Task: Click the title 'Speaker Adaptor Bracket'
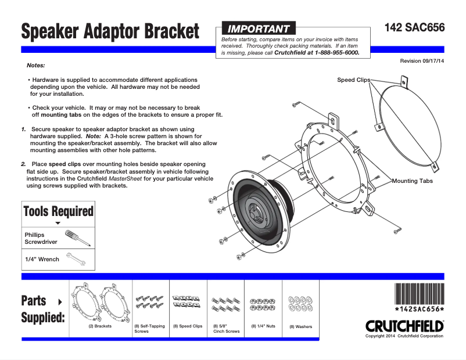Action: click(110, 31)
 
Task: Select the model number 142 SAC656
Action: click(414, 28)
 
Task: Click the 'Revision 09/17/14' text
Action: click(422, 61)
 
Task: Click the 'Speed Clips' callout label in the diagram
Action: click(353, 80)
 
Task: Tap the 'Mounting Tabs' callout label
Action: click(412, 181)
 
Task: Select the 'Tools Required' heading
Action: click(58, 211)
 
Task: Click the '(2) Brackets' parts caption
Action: click(99, 326)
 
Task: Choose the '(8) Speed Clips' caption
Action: click(187, 326)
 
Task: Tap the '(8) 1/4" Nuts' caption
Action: click(263, 326)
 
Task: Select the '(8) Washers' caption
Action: click(300, 327)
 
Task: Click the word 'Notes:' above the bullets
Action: click(36, 66)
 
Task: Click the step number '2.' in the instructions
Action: click(24, 164)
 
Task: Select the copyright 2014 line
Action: click(404, 336)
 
